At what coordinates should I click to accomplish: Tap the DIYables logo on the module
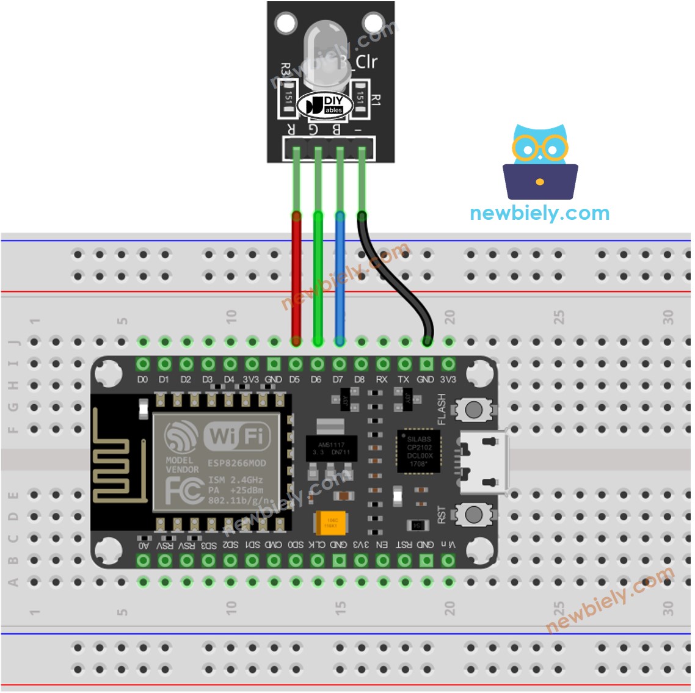(324, 106)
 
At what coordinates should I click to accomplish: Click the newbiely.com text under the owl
(540, 213)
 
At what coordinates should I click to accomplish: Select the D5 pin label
(295, 380)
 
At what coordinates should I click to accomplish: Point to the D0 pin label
(142, 380)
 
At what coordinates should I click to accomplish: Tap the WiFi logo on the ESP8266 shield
(236, 436)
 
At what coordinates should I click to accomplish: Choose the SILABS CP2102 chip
(418, 452)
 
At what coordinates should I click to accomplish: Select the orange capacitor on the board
(331, 523)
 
